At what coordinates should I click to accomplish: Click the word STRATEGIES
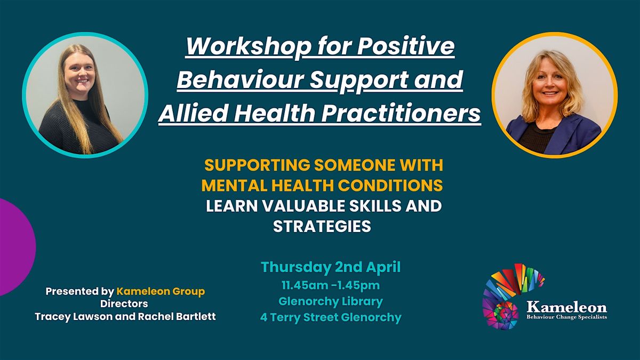pyautogui.click(x=322, y=226)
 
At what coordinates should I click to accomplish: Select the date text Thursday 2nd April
pyautogui.click(x=331, y=267)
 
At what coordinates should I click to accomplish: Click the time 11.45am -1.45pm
pyautogui.click(x=331, y=285)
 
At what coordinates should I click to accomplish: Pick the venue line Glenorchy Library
pyautogui.click(x=331, y=301)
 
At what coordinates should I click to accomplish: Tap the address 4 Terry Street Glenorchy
pyautogui.click(x=331, y=317)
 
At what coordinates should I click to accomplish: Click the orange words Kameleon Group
pyautogui.click(x=161, y=291)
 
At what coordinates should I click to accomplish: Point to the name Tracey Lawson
pyautogui.click(x=74, y=317)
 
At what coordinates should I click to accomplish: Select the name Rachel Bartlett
pyautogui.click(x=177, y=317)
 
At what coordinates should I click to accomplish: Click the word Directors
pyautogui.click(x=124, y=303)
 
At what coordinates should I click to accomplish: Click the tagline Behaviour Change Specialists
pyautogui.click(x=567, y=317)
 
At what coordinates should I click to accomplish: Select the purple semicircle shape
pyautogui.click(x=17, y=247)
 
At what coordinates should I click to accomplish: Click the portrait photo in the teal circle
pyautogui.click(x=85, y=95)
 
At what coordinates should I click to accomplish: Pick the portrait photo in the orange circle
pyautogui.click(x=555, y=95)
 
